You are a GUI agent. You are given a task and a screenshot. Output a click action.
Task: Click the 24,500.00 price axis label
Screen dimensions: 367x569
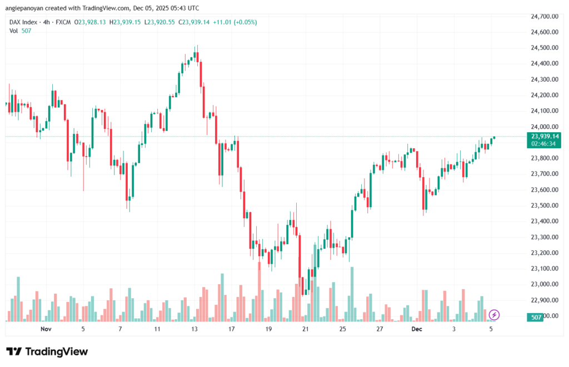(545, 48)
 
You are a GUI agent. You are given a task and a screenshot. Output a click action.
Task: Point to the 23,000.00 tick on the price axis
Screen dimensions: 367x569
(545, 284)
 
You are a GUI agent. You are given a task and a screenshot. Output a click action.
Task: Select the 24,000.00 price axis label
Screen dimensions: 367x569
(545, 127)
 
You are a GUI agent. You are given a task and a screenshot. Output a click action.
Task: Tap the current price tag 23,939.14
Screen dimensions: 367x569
(545, 136)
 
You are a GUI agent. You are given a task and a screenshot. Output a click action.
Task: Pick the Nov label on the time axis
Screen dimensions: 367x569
(46, 329)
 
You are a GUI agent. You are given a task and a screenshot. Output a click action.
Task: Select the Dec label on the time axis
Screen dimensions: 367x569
(417, 329)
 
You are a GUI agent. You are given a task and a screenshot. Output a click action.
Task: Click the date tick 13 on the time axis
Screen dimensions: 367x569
(194, 329)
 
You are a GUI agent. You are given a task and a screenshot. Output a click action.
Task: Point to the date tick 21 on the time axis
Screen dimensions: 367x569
(305, 329)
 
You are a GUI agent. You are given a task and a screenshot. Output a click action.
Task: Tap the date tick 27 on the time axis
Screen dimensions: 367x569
(379, 329)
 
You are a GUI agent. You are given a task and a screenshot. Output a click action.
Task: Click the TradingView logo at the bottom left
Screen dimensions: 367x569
(47, 351)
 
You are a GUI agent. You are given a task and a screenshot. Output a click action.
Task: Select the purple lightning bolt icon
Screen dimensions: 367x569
(494, 315)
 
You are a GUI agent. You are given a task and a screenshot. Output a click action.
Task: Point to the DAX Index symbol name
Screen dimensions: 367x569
(23, 22)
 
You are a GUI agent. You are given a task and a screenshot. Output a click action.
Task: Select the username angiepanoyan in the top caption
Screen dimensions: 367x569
(26, 8)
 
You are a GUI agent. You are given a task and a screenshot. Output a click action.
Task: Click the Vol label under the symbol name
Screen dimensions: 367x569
(13, 31)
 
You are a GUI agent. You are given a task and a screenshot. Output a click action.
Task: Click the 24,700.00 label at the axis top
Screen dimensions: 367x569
(545, 17)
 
